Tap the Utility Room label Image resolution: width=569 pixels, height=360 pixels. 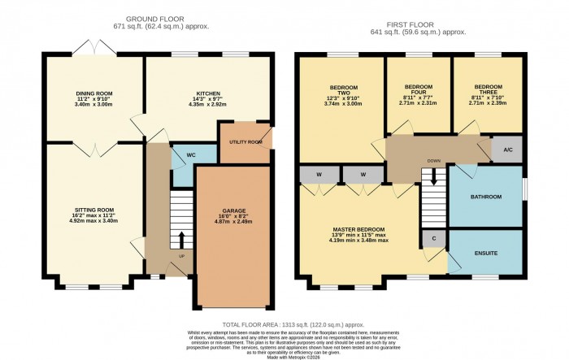tap(245, 142)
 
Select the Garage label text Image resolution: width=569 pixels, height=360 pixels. tap(233, 210)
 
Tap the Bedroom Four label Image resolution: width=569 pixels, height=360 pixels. tap(418, 90)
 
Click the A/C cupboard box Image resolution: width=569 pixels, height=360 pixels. tap(508, 150)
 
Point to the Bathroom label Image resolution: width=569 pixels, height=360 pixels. tap(487, 197)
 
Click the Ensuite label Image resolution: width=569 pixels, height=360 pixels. tap(487, 253)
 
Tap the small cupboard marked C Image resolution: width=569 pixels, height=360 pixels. tap(432, 240)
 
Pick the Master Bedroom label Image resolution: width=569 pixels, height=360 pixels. tap(358, 229)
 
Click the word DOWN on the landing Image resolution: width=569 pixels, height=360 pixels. tap(434, 161)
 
